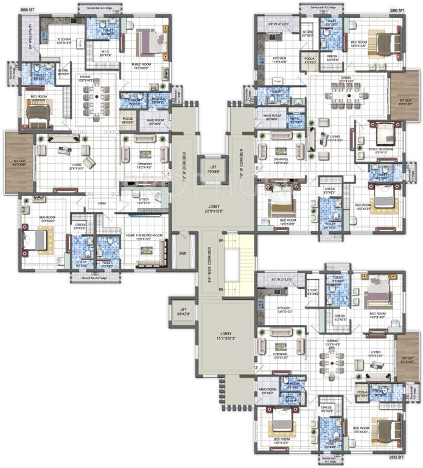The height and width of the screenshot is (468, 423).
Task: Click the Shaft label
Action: click(182, 253)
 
